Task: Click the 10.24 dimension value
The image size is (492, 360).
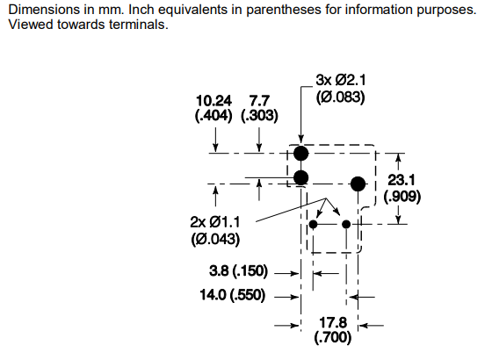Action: [213, 101]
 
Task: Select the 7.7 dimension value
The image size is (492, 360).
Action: [259, 101]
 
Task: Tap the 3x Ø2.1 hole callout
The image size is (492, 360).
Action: [341, 80]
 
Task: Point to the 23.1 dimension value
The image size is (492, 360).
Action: [402, 180]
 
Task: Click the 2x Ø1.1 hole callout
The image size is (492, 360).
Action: [215, 222]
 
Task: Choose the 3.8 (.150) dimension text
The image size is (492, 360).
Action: [238, 270]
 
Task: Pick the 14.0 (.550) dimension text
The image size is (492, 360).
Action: [233, 295]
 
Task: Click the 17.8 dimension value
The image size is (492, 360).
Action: [333, 323]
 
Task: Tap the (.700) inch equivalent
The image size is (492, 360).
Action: [333, 337]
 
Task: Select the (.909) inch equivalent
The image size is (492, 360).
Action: [402, 197]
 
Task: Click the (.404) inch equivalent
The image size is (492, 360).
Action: [213, 116]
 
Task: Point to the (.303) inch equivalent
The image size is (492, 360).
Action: [259, 116]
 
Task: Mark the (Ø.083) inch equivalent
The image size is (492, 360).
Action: [341, 97]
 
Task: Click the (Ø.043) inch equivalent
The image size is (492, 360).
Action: [215, 239]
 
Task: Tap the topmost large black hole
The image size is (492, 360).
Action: [300, 154]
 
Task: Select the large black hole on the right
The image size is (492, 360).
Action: [358, 184]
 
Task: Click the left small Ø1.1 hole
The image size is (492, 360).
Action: [313, 224]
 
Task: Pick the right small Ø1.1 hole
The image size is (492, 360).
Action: [346, 224]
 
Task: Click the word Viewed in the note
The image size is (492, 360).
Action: [32, 25]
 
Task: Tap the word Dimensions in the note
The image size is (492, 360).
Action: [44, 10]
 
